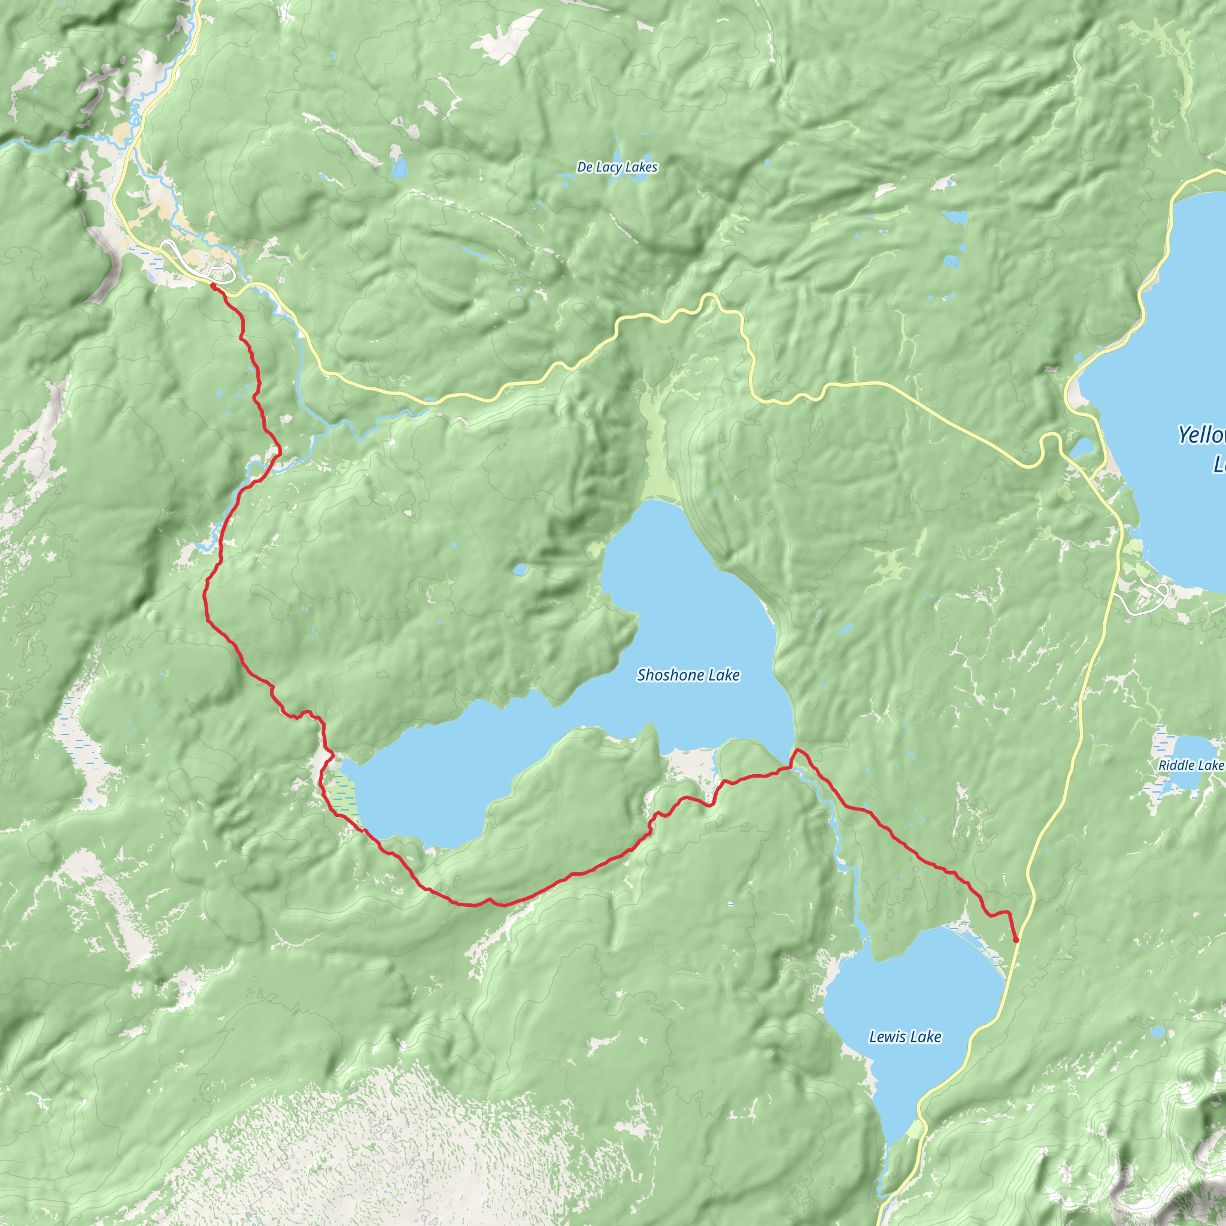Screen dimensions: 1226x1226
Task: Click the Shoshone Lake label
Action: click(x=688, y=675)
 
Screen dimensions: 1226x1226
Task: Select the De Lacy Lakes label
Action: click(x=617, y=167)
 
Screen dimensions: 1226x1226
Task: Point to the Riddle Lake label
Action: click(x=1191, y=764)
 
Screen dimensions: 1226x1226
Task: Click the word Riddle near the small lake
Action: click(x=1176, y=764)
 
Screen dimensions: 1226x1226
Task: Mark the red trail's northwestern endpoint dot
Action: click(x=213, y=287)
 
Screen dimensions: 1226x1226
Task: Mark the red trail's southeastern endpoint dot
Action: click(x=1016, y=940)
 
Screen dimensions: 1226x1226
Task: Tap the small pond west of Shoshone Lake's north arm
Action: click(x=520, y=570)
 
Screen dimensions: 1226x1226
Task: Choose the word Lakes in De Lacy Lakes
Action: click(x=641, y=167)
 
